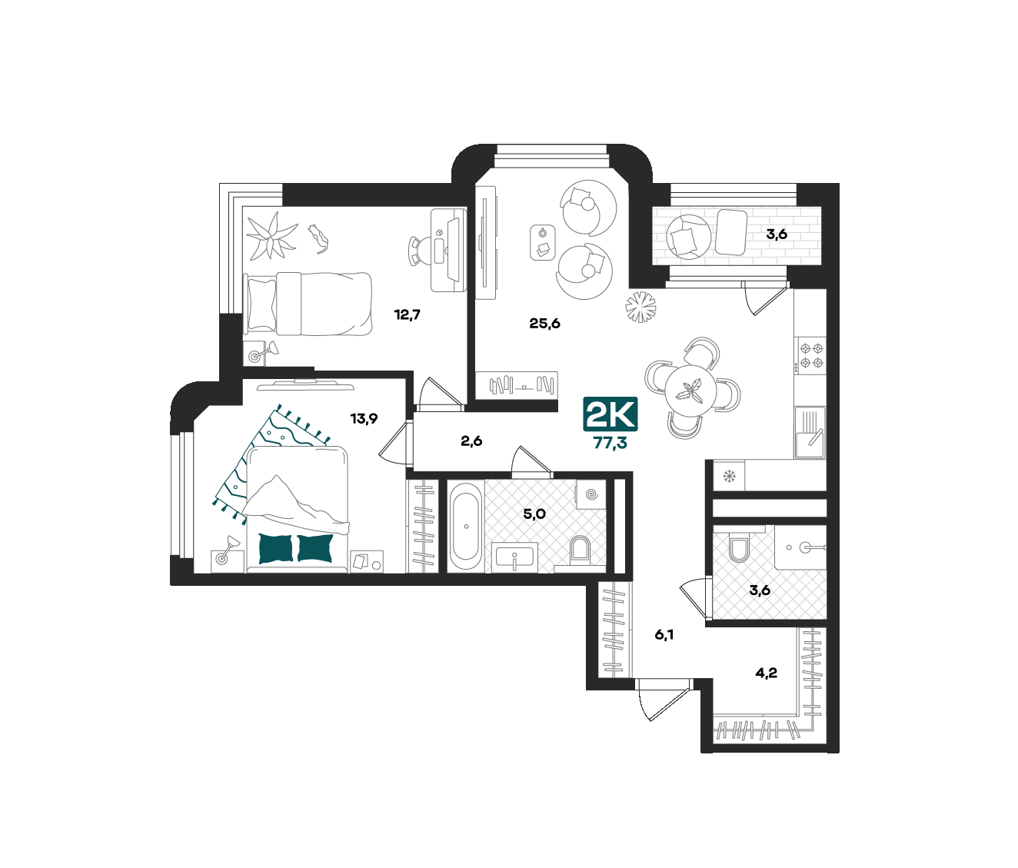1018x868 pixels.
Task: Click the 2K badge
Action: point(610,414)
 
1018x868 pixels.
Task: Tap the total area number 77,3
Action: point(610,443)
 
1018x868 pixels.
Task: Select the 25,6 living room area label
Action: point(544,324)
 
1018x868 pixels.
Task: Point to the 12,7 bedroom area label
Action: point(408,314)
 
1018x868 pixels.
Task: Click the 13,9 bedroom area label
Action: point(364,418)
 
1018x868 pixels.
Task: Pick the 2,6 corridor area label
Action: point(471,441)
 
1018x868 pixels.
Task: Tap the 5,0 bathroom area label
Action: point(534,514)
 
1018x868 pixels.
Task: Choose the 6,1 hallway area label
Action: point(664,635)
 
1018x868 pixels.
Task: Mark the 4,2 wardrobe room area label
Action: point(767,673)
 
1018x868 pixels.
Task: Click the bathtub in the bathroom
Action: point(466,527)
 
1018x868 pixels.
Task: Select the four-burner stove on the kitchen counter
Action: point(811,355)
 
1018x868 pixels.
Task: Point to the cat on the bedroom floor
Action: point(320,238)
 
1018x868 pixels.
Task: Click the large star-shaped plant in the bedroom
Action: point(271,236)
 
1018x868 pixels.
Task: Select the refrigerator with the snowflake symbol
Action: point(729,476)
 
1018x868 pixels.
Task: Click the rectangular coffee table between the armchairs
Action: point(543,242)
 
